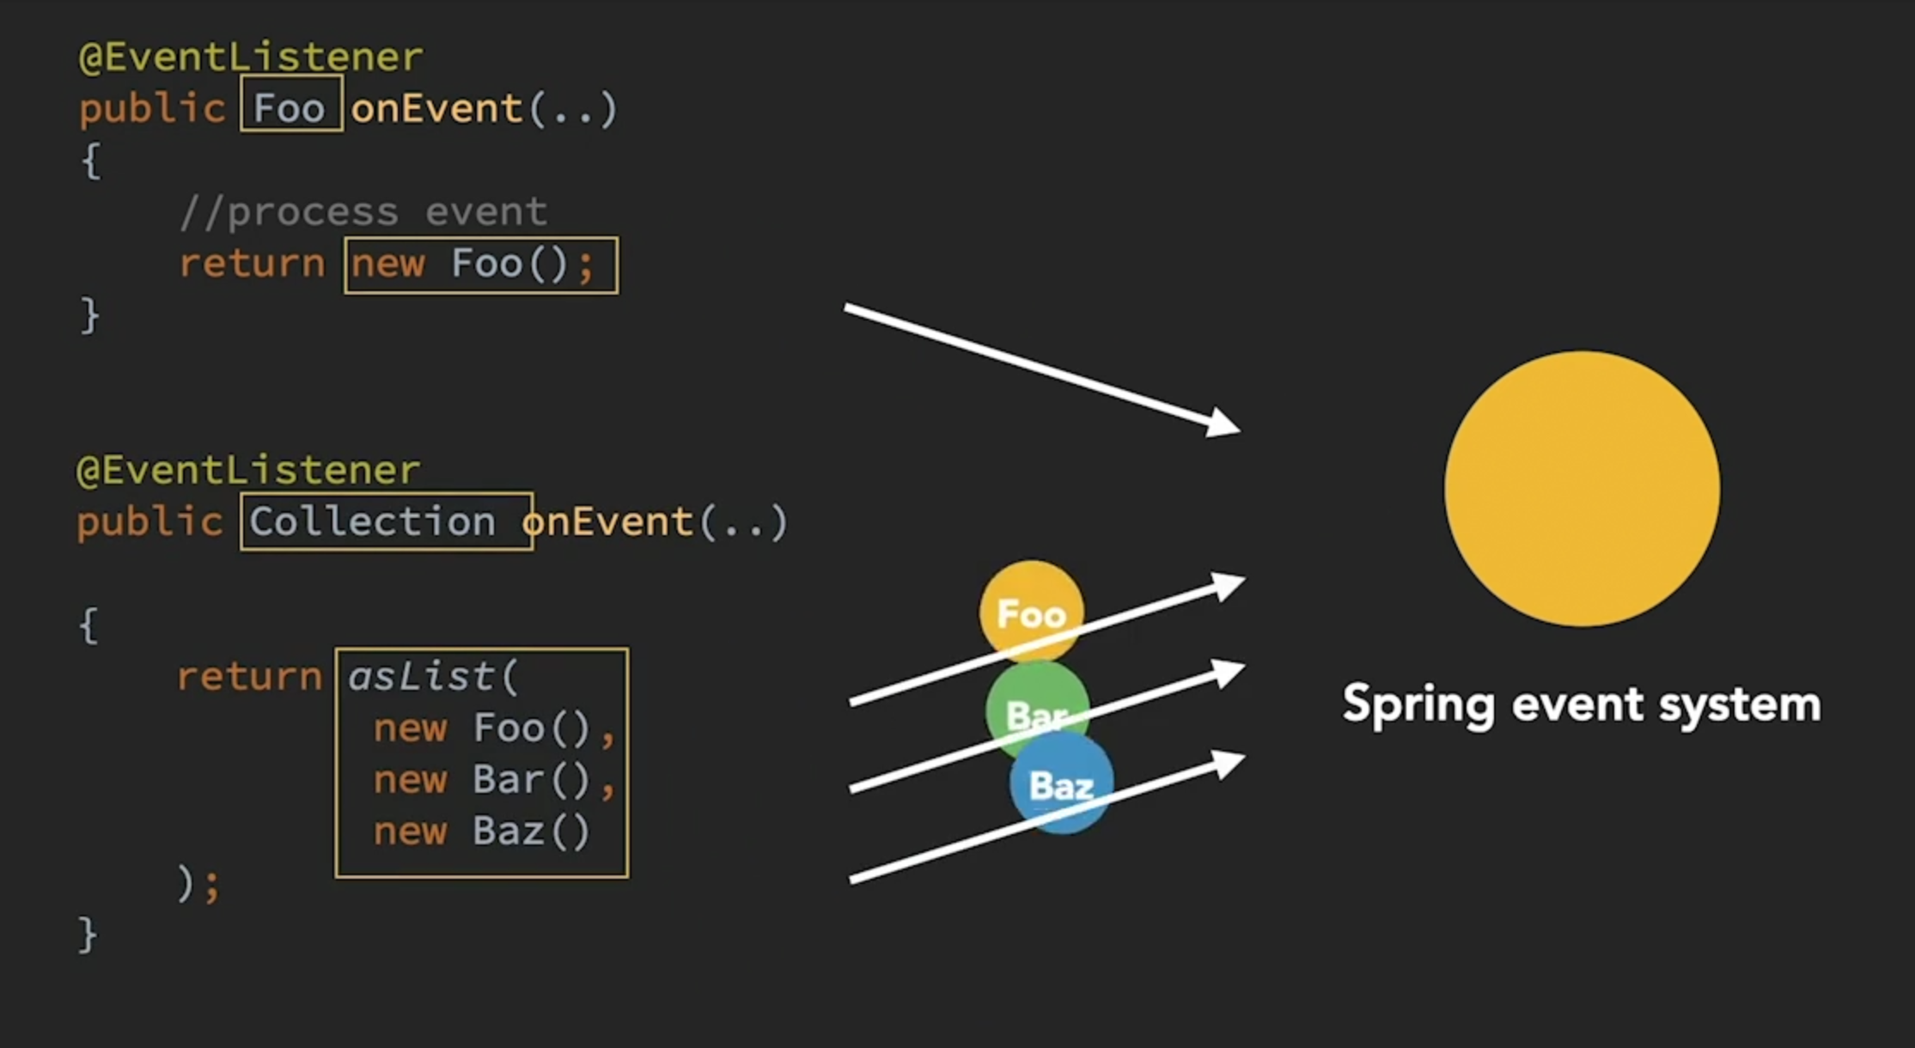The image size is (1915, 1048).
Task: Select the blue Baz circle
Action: pyautogui.click(x=1062, y=783)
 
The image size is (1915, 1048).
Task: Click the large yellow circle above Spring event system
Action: pyautogui.click(x=1582, y=488)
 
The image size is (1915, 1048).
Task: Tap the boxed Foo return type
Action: pyautogui.click(x=290, y=107)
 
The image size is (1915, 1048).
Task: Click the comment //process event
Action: pyautogui.click(x=363, y=212)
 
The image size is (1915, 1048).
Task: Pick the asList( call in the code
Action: pyautogui.click(x=432, y=677)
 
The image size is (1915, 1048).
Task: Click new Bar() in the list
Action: pyautogui.click(x=491, y=780)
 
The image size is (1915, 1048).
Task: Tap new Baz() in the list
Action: pyautogui.click(x=482, y=832)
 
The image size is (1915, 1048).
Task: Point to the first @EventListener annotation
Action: pyautogui.click(x=250, y=58)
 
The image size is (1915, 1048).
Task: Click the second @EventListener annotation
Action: pyautogui.click(x=248, y=470)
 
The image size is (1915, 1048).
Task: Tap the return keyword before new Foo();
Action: pyautogui.click(x=252, y=264)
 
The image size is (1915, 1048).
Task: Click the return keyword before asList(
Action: pyautogui.click(x=249, y=677)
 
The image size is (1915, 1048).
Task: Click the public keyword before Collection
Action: pyautogui.click(x=150, y=522)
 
